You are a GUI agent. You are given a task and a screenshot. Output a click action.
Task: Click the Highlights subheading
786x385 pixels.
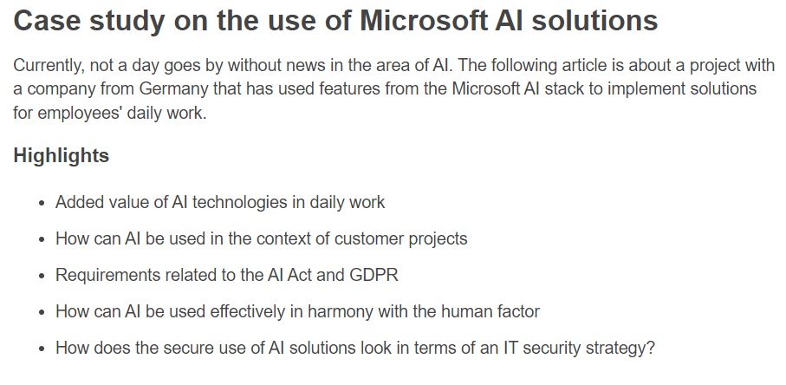(62, 156)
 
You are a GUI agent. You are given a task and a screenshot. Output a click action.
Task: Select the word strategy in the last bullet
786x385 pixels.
(621, 348)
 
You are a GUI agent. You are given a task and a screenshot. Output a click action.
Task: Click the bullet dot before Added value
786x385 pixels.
(41, 203)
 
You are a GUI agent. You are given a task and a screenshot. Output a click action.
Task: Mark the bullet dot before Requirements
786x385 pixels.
(41, 276)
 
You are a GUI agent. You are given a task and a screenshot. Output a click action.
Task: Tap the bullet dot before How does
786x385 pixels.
(41, 349)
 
